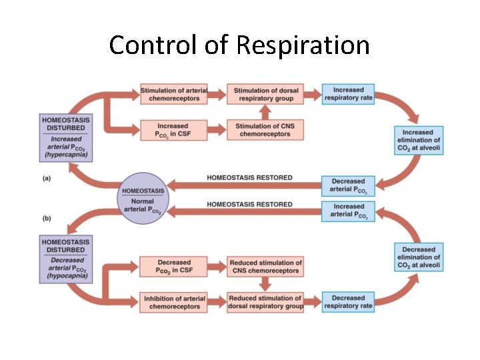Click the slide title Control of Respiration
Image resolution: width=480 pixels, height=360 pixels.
(x=239, y=45)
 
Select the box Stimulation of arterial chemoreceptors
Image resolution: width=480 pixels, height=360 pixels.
(x=173, y=95)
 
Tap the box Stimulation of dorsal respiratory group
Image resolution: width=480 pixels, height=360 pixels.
(x=265, y=95)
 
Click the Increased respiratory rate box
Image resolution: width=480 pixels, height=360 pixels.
(x=348, y=95)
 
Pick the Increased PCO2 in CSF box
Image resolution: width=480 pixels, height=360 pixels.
(x=173, y=130)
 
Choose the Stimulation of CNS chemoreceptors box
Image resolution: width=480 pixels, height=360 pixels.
(x=265, y=130)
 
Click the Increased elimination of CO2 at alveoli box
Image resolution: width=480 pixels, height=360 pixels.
(x=418, y=140)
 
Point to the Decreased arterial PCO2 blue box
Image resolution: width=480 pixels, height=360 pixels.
(x=348, y=185)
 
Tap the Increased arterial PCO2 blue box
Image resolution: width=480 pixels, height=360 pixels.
(x=348, y=211)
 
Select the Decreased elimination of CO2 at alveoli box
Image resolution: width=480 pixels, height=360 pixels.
(x=418, y=257)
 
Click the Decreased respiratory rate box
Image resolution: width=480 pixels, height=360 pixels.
(x=348, y=302)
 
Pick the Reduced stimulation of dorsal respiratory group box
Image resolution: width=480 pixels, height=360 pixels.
(x=265, y=302)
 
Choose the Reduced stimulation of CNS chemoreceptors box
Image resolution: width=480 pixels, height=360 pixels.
(x=265, y=267)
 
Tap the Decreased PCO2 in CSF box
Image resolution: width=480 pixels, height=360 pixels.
(x=173, y=267)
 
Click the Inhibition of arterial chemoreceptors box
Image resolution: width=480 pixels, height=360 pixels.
(x=173, y=302)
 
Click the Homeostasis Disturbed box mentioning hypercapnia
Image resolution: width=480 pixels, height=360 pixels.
(x=65, y=137)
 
